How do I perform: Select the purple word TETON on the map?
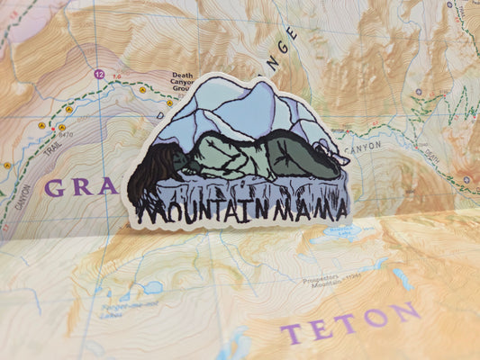(x=350, y=322)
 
